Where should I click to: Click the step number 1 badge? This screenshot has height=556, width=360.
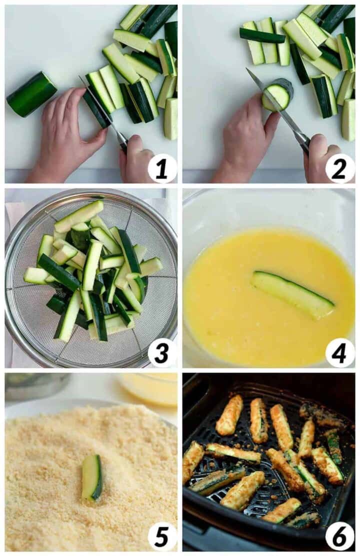coord(162,168)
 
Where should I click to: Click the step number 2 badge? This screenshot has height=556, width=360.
coord(340,168)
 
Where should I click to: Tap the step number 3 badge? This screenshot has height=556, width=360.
coord(162,353)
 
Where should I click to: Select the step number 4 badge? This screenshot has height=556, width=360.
coord(340,353)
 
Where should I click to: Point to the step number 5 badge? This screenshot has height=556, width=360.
coord(162,536)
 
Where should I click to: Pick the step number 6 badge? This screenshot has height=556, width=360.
coord(340,536)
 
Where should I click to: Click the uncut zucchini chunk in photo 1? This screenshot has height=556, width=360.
coord(31,94)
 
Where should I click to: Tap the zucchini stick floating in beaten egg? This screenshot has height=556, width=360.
coord(292,294)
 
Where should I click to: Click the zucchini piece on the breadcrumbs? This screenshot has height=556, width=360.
coord(92,477)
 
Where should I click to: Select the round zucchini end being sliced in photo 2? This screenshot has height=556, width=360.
coord(277,93)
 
